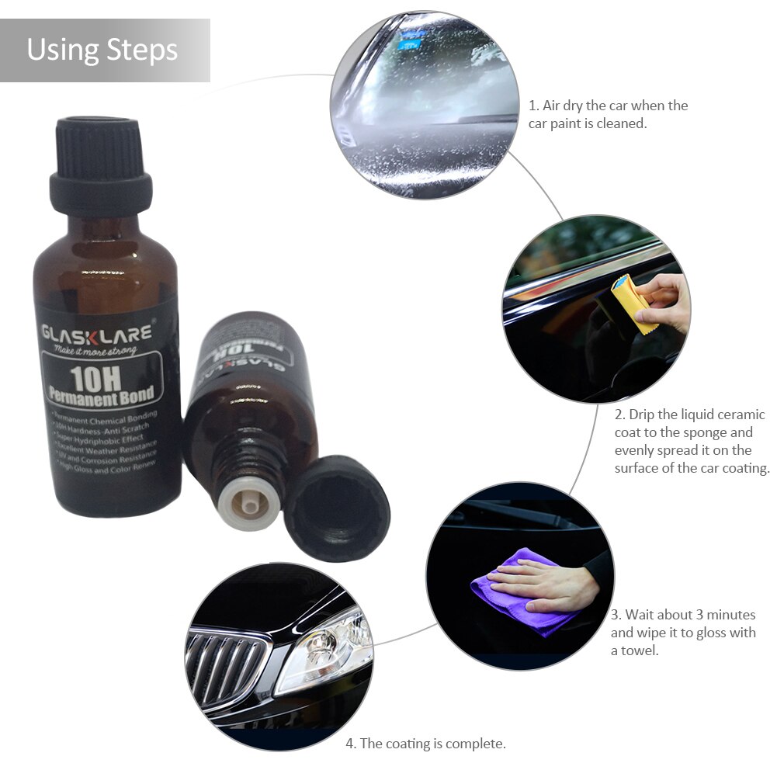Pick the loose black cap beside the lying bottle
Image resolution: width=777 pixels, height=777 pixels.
click(335, 508)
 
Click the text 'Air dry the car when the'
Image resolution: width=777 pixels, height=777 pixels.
click(609, 106)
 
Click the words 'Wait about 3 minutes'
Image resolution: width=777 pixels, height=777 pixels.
click(682, 615)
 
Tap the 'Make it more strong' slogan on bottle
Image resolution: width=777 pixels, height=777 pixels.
click(90, 351)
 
